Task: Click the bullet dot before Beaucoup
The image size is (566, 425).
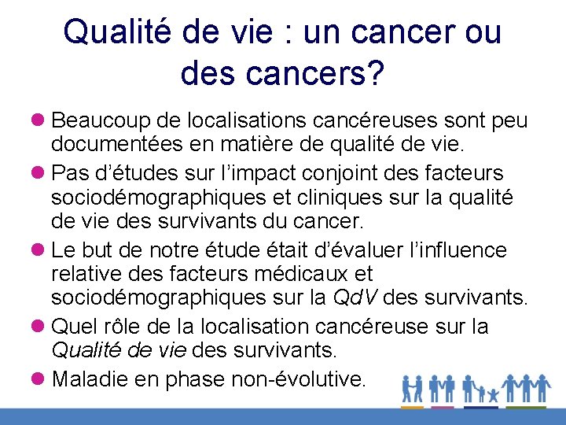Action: (x=40, y=121)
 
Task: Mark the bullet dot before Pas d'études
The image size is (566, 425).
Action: (x=40, y=172)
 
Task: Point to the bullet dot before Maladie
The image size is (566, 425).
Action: (x=40, y=379)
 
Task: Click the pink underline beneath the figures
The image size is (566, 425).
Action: (x=443, y=407)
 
